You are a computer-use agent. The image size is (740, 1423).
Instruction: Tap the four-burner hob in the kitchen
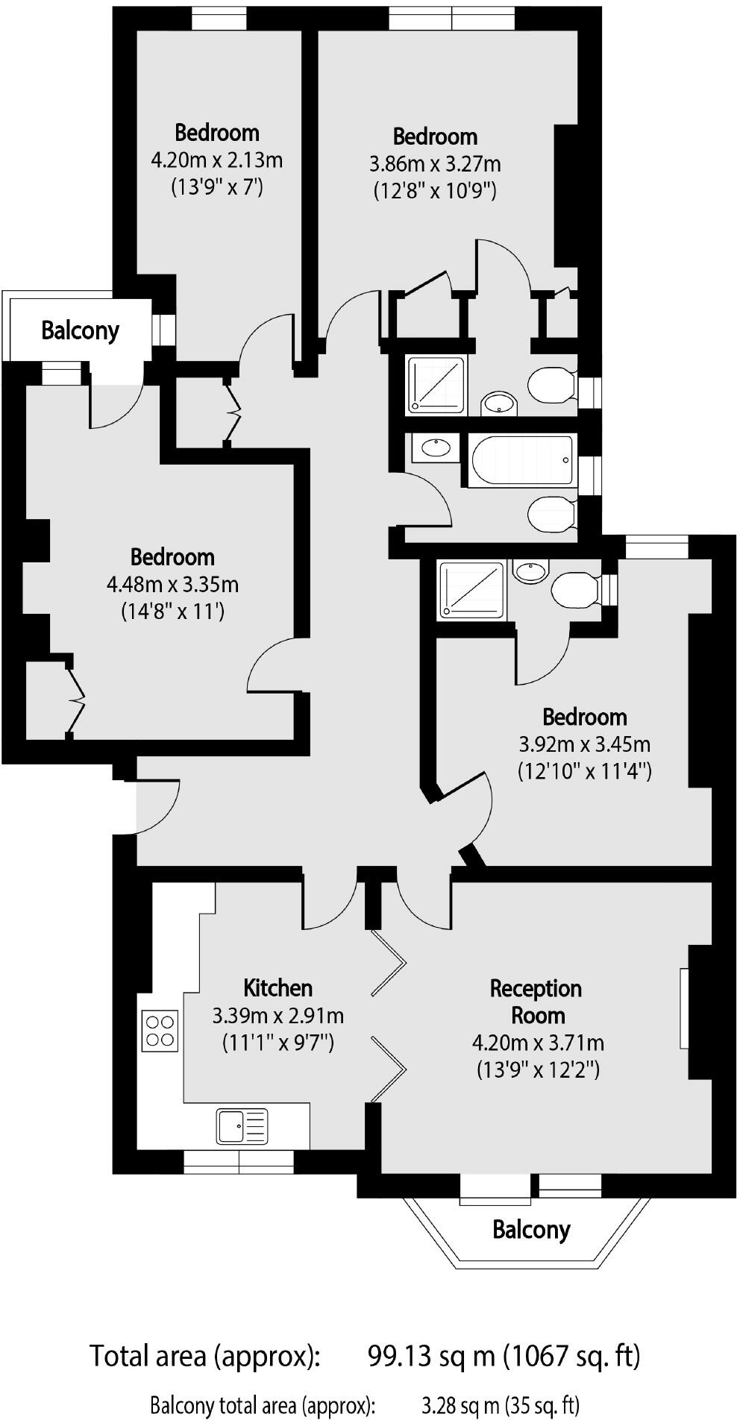pyautogui.click(x=160, y=1030)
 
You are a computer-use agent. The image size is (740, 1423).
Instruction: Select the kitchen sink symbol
pyautogui.click(x=242, y=1126)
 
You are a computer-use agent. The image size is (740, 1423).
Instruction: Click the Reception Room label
pyautogui.click(x=536, y=1002)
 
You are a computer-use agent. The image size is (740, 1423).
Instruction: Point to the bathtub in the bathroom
pyautogui.click(x=522, y=460)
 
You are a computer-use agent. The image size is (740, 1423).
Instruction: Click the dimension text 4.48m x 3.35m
pyautogui.click(x=172, y=584)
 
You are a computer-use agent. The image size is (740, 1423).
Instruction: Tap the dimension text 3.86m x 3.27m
pyautogui.click(x=435, y=163)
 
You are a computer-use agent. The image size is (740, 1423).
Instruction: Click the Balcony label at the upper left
pyautogui.click(x=80, y=330)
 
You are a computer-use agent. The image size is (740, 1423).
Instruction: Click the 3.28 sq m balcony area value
pyautogui.click(x=460, y=1406)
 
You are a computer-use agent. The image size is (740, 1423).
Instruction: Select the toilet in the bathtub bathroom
pyautogui.click(x=551, y=514)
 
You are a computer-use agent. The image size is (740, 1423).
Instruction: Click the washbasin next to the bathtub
pyautogui.click(x=435, y=447)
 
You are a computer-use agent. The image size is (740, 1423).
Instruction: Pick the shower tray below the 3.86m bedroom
pyautogui.click(x=436, y=385)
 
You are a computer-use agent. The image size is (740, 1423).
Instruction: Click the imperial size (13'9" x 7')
pyautogui.click(x=217, y=186)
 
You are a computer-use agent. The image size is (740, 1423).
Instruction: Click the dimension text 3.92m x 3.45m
pyautogui.click(x=584, y=744)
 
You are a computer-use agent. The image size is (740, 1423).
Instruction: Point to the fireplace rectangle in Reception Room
pyautogui.click(x=683, y=1008)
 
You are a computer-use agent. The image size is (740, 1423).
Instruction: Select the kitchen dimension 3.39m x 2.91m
pyautogui.click(x=277, y=1015)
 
